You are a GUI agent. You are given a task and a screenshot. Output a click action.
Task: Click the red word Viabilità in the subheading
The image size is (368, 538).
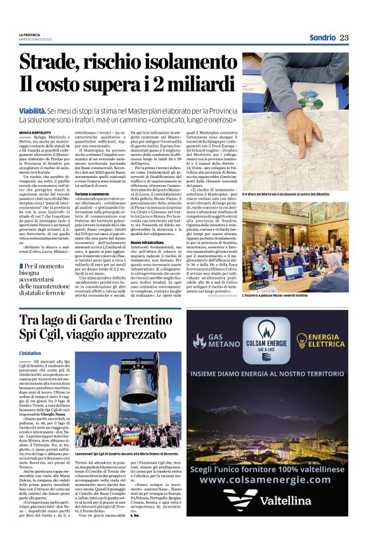point(36,110)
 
